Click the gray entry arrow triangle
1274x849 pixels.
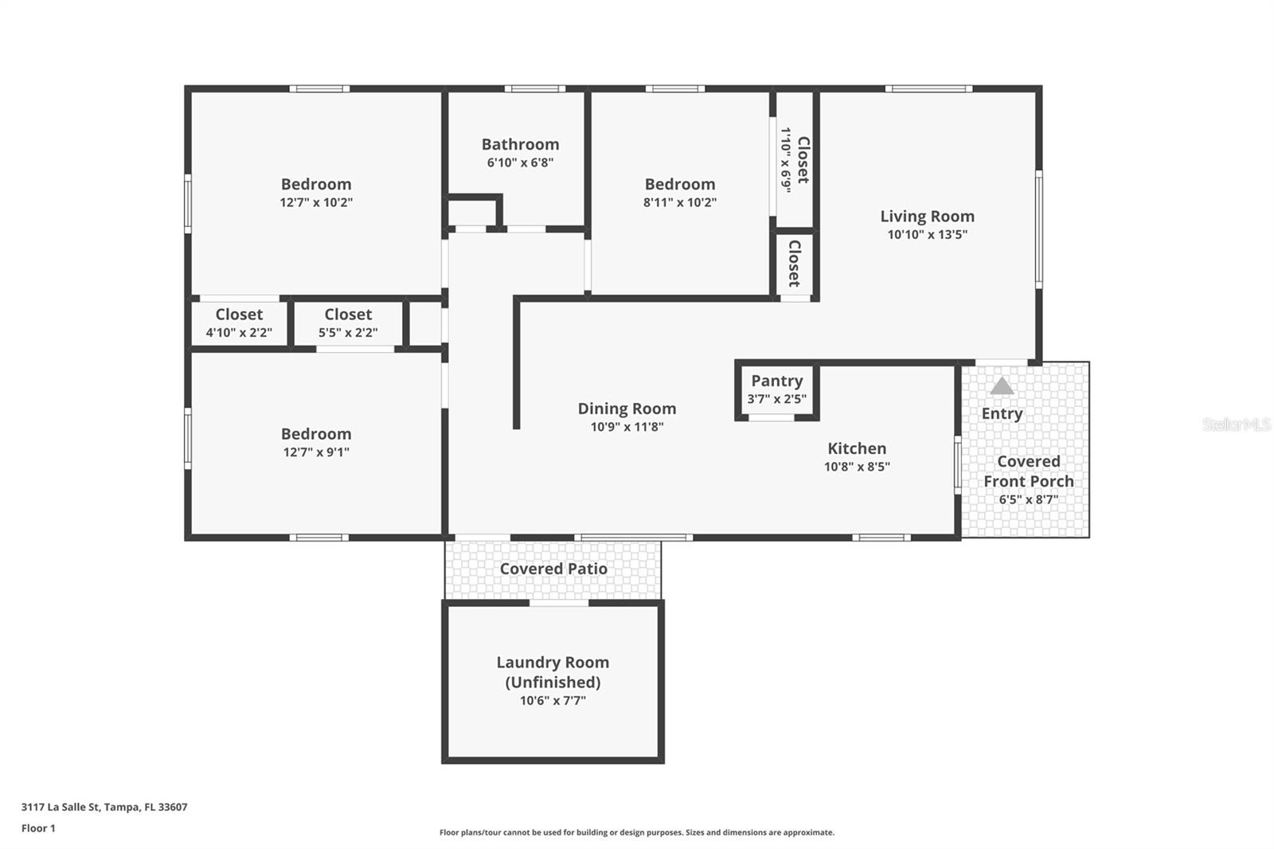tap(1002, 386)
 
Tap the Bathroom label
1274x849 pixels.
tap(520, 144)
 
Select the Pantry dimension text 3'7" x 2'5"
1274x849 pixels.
tap(776, 398)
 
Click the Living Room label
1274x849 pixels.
tap(927, 216)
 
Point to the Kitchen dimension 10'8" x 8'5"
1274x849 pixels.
tap(856, 467)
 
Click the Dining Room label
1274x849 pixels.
tap(627, 409)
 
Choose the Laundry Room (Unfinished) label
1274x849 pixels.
tap(553, 671)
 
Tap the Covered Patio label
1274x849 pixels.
tap(553, 569)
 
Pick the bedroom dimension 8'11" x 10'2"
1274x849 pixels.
tap(679, 202)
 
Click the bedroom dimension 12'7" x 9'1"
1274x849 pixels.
tap(315, 452)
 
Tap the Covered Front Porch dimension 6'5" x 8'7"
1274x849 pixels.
tap(1028, 499)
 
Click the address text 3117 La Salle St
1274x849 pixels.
tap(61, 807)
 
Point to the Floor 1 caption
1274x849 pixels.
tap(38, 828)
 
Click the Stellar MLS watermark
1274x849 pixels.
tap(1236, 424)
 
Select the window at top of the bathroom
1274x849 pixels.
tap(534, 88)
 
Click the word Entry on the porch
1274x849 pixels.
tap(1002, 413)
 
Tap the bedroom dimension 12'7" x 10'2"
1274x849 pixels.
tap(315, 202)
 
